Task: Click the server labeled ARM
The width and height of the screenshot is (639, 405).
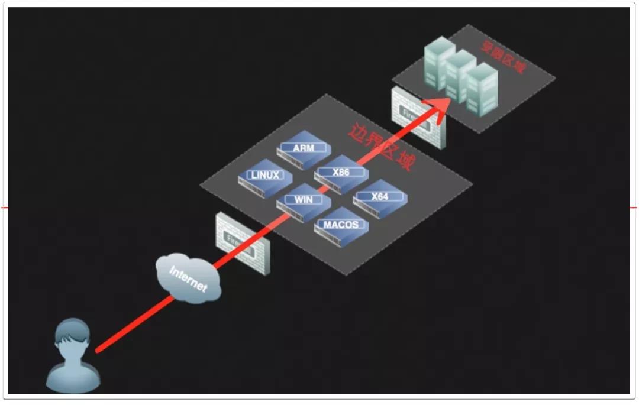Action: tap(304, 148)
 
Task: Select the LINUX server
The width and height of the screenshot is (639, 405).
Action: tap(264, 176)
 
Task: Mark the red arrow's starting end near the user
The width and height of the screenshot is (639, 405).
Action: tap(98, 350)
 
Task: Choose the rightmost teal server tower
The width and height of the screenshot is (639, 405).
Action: tap(481, 90)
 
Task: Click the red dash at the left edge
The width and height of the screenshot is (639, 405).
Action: tap(4, 208)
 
